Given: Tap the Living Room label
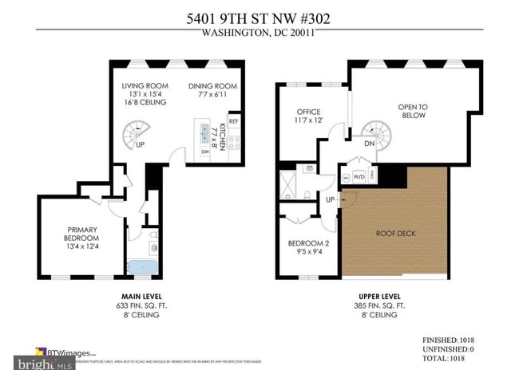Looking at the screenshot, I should click(144, 86).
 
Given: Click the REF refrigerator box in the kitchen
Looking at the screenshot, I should click(233, 121).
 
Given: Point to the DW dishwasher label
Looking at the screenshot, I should click(204, 152).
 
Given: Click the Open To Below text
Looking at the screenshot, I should click(413, 111).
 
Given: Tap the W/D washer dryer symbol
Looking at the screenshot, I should click(359, 176).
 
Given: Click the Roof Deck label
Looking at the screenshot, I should click(396, 233).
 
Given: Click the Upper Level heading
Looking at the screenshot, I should click(378, 295).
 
